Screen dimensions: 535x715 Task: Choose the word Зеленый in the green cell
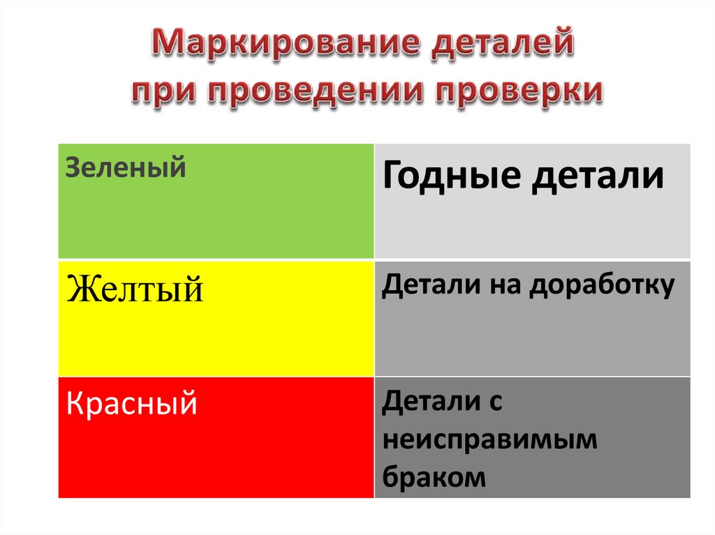click(x=126, y=168)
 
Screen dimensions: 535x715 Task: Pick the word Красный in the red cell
click(x=131, y=404)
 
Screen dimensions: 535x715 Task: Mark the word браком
click(x=434, y=477)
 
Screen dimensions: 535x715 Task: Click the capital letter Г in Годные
click(x=392, y=176)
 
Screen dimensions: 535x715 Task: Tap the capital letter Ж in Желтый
click(x=80, y=288)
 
